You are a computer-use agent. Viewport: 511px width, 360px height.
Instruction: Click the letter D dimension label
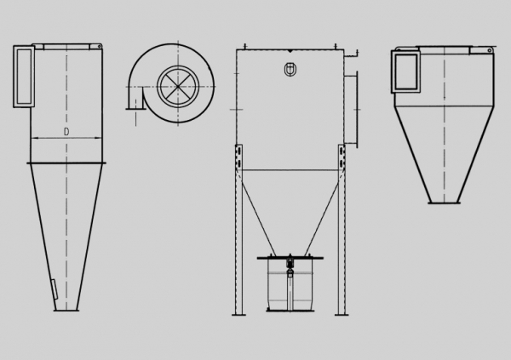click(66, 132)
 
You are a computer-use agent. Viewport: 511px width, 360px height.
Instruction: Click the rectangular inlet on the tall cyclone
click(24, 77)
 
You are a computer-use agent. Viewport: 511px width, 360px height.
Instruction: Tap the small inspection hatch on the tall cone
click(55, 289)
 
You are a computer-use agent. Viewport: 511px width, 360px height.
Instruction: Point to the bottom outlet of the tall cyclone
click(66, 310)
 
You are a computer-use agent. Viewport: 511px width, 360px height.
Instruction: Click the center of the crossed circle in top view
click(178, 86)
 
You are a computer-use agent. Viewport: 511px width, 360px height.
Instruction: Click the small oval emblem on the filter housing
click(290, 70)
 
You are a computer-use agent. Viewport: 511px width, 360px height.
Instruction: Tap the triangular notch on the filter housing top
click(290, 51)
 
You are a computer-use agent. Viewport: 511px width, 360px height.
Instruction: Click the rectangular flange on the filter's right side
click(351, 110)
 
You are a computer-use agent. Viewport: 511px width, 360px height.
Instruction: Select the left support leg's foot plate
click(238, 315)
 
